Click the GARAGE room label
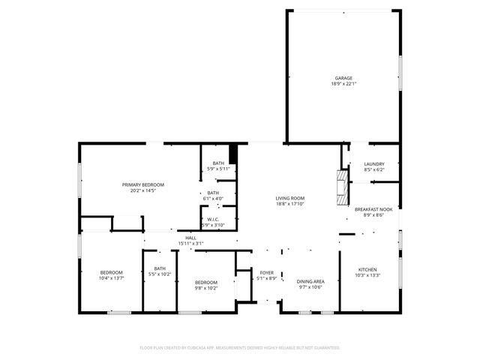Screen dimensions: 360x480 coord(343,77)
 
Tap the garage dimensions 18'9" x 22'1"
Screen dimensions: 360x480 coord(343,83)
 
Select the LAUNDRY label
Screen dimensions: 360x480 coord(374,164)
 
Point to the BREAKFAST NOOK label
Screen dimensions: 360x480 coord(373,209)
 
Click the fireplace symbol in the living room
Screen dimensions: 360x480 coord(343,187)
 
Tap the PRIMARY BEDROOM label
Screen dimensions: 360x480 coord(143,184)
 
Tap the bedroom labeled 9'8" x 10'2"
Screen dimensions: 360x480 coord(206,282)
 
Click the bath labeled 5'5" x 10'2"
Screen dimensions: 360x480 coord(160,269)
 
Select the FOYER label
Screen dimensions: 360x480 coord(267,272)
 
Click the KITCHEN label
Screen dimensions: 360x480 coord(367,269)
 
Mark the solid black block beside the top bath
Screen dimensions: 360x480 coord(233,154)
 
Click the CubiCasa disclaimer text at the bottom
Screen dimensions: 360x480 coord(240,348)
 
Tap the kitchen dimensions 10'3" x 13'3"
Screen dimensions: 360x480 coord(367,275)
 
